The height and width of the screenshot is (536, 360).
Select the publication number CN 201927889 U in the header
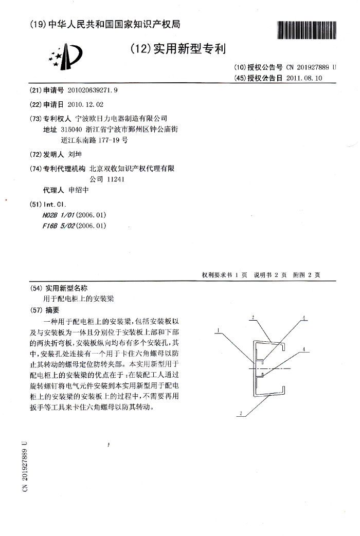coord(311,67)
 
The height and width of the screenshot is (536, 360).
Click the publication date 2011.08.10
coord(304,78)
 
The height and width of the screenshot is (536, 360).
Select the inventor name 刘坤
coord(75,154)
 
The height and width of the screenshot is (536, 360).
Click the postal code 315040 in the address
coord(71,130)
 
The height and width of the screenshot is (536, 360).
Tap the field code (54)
coord(37,288)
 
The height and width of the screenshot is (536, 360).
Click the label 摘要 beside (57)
coord(53,310)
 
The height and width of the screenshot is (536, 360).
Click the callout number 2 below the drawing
coord(240,413)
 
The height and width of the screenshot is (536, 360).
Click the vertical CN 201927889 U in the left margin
coord(24,466)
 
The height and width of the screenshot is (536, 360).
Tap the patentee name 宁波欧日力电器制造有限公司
coord(121,118)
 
